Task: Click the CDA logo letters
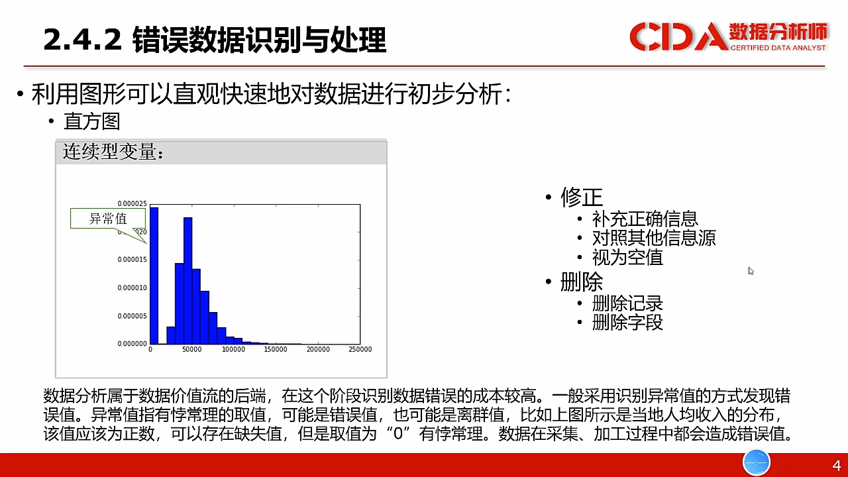point(679,36)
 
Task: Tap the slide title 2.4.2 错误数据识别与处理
point(215,39)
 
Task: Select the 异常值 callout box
point(108,219)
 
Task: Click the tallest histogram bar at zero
point(154,276)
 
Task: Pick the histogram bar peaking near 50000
point(187,280)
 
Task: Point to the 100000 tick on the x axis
point(234,349)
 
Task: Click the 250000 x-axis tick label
point(360,349)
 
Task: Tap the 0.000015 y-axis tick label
point(132,259)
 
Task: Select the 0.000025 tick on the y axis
point(132,203)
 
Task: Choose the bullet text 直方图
point(92,121)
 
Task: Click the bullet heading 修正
point(582,197)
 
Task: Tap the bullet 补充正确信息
point(645,219)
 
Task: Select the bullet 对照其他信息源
point(654,238)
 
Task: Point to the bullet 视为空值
point(627,258)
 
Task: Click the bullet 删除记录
point(627,303)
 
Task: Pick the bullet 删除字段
point(627,323)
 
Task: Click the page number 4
point(837,465)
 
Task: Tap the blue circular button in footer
point(757,462)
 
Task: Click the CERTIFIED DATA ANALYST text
point(778,48)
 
